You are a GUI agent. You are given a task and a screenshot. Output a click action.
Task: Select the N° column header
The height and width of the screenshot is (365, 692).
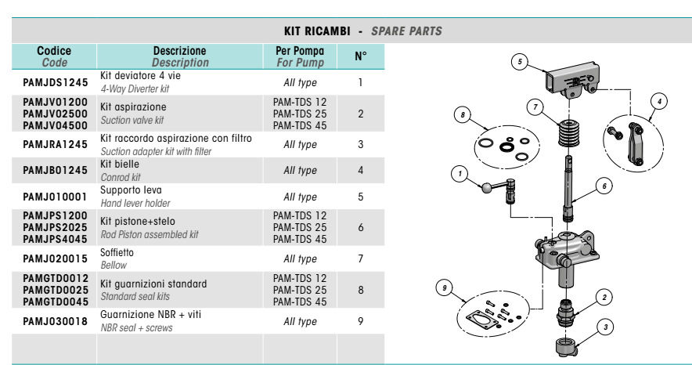point(360,56)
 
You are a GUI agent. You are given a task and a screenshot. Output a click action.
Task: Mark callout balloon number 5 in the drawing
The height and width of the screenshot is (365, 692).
point(521,60)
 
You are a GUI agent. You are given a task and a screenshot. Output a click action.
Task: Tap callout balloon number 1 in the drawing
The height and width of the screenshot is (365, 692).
point(462,173)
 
